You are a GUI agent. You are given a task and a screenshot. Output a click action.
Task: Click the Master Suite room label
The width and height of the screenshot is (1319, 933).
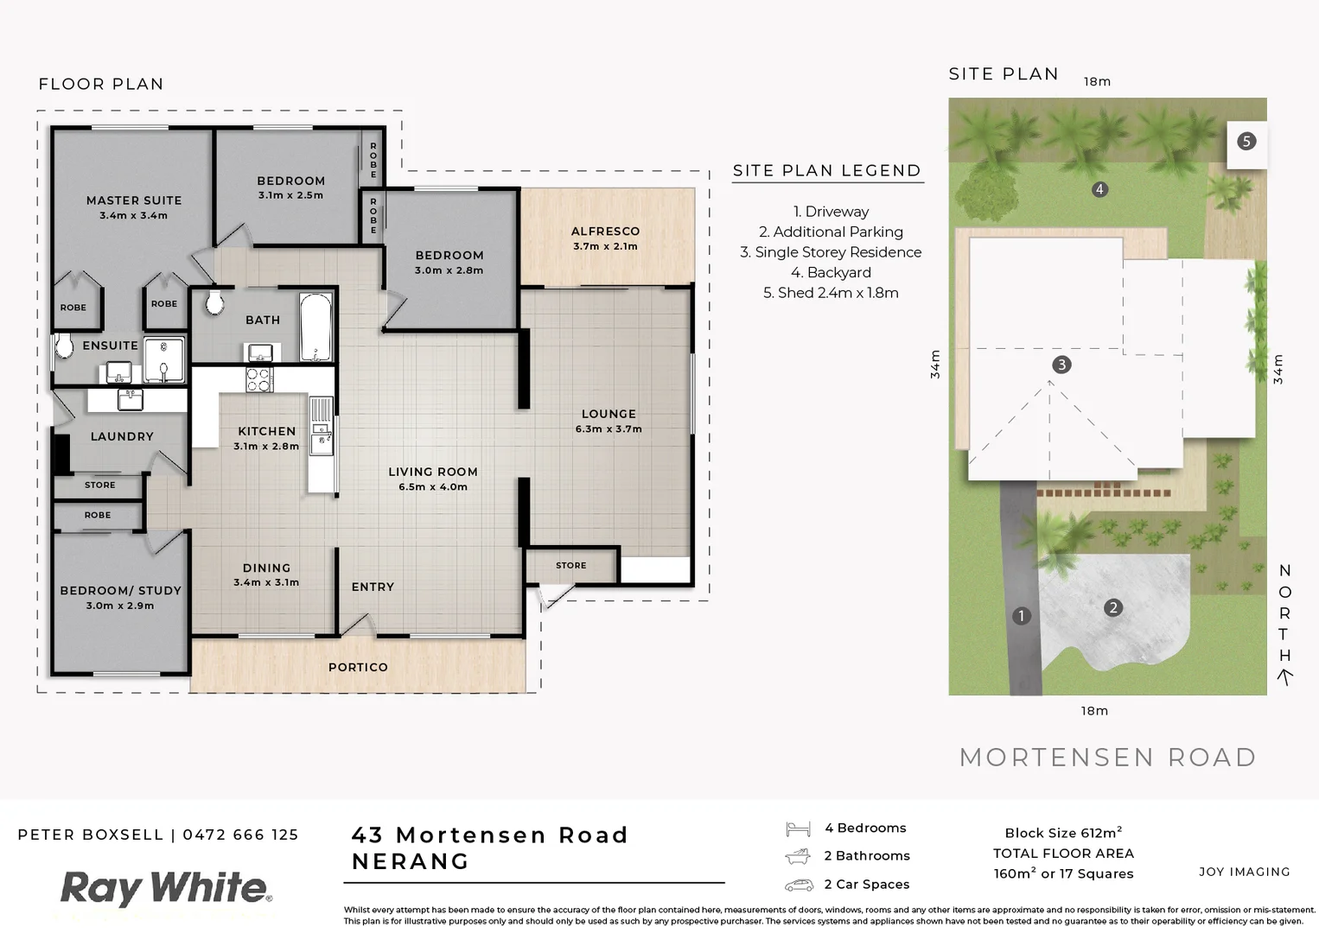point(134,200)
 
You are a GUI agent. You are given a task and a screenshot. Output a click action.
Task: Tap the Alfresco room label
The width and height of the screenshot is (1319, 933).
point(605,232)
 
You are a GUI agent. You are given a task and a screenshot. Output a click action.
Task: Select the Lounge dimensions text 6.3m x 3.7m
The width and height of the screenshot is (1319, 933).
point(609,429)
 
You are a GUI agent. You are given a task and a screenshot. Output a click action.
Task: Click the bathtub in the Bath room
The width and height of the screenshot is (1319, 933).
point(315,327)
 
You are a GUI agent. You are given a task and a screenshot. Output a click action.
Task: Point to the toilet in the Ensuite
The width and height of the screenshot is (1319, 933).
point(63,346)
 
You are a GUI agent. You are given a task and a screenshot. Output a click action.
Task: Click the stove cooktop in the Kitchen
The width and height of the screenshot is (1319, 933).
point(259,379)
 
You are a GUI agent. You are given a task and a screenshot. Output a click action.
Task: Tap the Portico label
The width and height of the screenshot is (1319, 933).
point(358,668)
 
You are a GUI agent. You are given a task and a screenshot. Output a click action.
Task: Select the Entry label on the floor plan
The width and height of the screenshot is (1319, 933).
point(373,587)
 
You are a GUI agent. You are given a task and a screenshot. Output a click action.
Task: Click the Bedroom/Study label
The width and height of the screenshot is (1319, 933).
point(120,591)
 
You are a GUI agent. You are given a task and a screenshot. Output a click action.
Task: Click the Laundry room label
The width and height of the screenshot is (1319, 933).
point(122,437)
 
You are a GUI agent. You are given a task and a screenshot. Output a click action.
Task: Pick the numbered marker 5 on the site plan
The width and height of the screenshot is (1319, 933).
point(1246,142)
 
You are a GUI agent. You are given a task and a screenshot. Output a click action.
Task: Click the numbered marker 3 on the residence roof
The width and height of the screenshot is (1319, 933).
point(1061,365)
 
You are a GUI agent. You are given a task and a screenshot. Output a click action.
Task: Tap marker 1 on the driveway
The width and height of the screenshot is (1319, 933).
point(1022,616)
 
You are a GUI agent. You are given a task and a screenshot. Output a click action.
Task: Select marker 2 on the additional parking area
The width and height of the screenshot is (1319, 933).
point(1112,608)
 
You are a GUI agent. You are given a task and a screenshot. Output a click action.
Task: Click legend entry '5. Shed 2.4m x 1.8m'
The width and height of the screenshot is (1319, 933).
point(831,293)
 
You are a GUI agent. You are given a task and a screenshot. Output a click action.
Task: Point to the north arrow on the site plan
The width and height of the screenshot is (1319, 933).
point(1285,678)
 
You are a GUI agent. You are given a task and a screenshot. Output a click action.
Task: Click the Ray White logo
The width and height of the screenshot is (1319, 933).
point(164,889)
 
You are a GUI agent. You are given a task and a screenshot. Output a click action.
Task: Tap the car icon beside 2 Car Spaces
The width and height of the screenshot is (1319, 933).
point(799,885)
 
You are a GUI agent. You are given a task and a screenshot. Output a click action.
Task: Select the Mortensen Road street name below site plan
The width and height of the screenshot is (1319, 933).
point(1107,758)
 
